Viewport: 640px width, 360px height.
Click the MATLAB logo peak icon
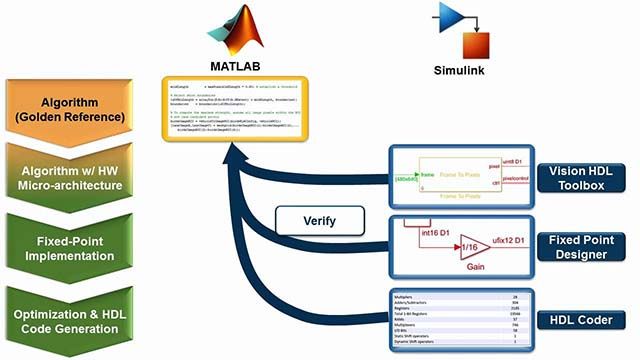coord(243,30)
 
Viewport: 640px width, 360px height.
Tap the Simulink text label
coord(464,72)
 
